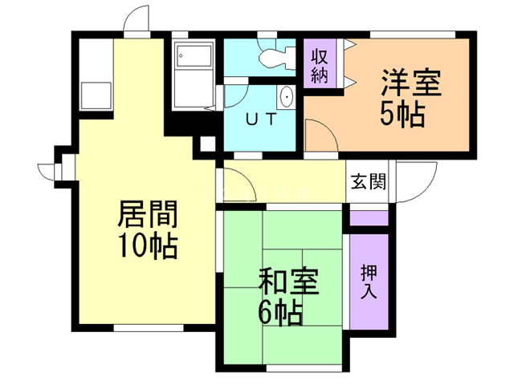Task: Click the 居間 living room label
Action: tap(147, 215)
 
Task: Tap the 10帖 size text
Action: tap(148, 245)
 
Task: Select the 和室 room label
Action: tap(288, 282)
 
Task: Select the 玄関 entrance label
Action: tap(368, 180)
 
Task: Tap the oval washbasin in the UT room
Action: tap(288, 98)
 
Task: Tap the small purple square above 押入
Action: tap(369, 217)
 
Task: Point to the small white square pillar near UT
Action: tap(206, 144)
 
